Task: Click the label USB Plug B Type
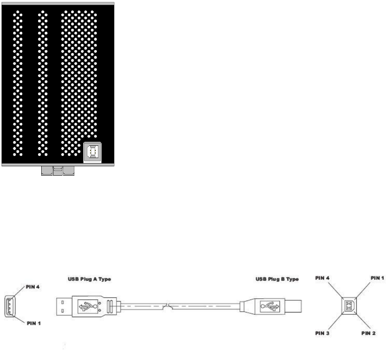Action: click(x=276, y=279)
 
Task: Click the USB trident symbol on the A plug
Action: click(x=87, y=305)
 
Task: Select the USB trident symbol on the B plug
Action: click(x=270, y=305)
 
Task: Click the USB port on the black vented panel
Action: click(x=92, y=152)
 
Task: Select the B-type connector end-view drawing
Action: click(x=348, y=306)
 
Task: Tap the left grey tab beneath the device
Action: click(x=47, y=171)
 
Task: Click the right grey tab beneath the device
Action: click(x=69, y=171)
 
